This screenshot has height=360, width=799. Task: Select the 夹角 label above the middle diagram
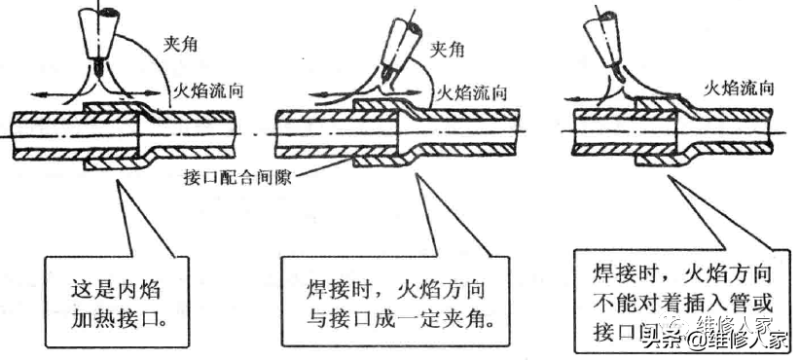tap(448, 46)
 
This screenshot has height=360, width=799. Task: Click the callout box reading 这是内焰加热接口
tap(114, 299)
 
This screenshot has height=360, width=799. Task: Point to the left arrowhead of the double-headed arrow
tap(33, 93)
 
